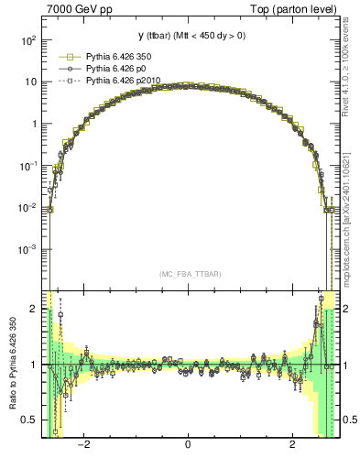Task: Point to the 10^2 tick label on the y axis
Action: coord(28,40)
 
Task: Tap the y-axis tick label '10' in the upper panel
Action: coord(30,82)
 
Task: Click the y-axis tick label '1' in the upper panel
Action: coord(34,124)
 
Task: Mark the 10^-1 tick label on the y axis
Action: coord(28,166)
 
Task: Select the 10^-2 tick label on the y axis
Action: coord(28,207)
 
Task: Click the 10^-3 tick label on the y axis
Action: coord(28,249)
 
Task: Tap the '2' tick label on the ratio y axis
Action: coord(34,310)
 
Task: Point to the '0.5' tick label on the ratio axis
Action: coord(29,420)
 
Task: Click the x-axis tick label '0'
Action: coord(188,446)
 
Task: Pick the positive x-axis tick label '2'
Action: coord(292,446)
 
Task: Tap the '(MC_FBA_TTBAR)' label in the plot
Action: coord(188,274)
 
